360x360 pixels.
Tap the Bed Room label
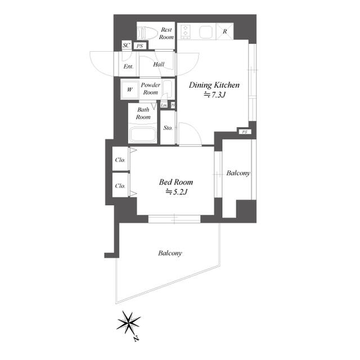click(x=176, y=182)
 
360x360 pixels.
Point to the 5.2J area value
click(x=176, y=192)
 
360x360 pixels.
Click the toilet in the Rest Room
click(x=147, y=31)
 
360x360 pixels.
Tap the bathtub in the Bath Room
click(x=143, y=135)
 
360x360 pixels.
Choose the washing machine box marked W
click(x=129, y=89)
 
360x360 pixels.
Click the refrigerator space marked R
click(x=224, y=31)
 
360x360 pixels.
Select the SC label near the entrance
click(x=126, y=46)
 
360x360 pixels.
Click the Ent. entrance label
click(x=128, y=66)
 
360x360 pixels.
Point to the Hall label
click(x=158, y=65)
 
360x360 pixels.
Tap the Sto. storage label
click(x=168, y=128)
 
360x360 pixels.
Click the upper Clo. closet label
click(x=120, y=160)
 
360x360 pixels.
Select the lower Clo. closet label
click(x=120, y=186)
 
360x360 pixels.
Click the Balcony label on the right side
click(x=238, y=173)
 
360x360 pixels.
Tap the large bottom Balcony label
click(x=169, y=254)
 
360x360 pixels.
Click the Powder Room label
click(x=150, y=88)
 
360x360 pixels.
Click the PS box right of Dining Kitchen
click(x=244, y=132)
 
